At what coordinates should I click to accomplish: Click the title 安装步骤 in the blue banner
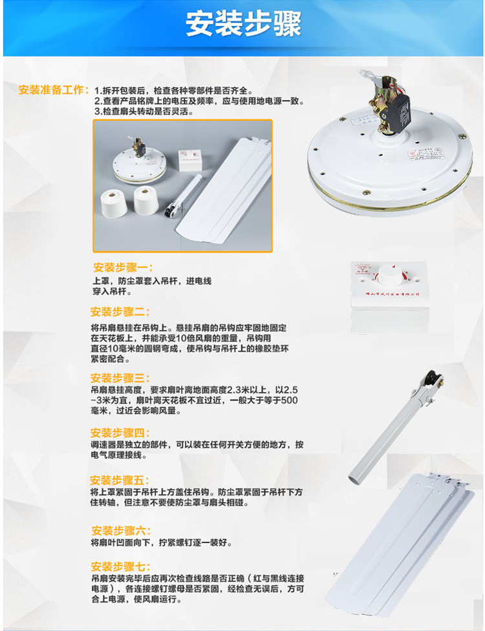click(242, 25)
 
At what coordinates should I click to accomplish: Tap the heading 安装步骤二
click(120, 311)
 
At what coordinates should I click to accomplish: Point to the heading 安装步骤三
click(120, 378)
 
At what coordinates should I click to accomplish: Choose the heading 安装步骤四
click(120, 433)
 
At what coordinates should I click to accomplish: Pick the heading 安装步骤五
click(120, 480)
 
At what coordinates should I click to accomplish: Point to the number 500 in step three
click(290, 400)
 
